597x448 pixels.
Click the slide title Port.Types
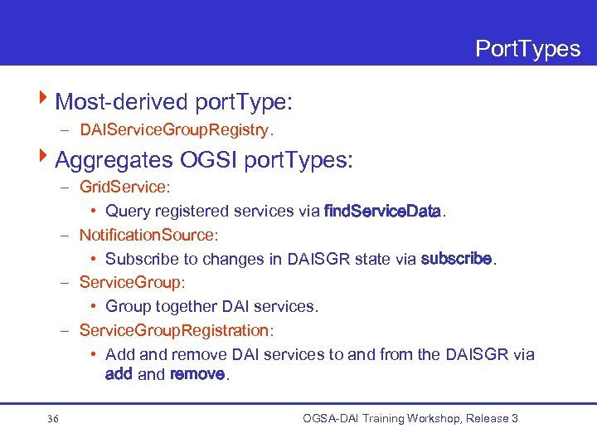527,49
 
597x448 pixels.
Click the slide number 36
53,419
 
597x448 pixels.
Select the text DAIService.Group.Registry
177,130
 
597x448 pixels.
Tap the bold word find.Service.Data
382,212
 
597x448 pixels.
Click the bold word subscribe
456,259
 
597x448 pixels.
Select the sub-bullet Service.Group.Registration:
176,331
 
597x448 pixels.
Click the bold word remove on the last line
197,374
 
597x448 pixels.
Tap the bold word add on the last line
119,374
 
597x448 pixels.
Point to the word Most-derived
122,102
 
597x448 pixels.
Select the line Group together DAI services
211,307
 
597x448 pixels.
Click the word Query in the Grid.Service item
128,212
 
